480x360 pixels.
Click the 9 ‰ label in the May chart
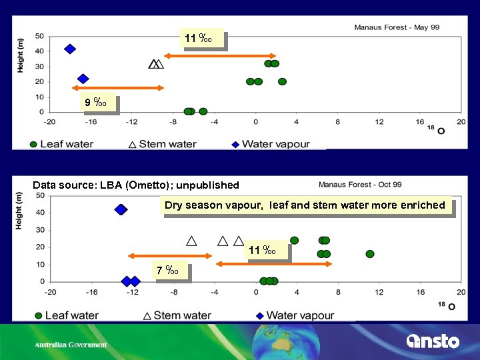(x=97, y=103)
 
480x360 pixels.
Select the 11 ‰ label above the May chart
(x=202, y=39)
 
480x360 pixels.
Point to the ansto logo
(x=433, y=341)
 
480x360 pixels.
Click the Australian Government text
(x=71, y=345)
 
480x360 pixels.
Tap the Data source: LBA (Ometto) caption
(x=135, y=185)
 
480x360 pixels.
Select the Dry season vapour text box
(x=305, y=205)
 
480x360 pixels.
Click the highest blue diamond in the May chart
(x=69, y=49)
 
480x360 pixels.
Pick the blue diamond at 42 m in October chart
(x=121, y=209)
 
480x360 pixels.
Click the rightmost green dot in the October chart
(x=370, y=254)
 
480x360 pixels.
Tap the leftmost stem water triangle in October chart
(x=192, y=241)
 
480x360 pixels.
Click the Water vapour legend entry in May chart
(x=269, y=143)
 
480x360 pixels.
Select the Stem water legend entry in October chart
(x=177, y=315)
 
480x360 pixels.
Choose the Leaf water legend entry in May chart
(x=61, y=143)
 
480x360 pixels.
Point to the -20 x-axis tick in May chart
(x=49, y=122)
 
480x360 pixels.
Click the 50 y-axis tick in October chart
(x=39, y=195)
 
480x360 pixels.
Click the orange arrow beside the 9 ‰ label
(x=117, y=88)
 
